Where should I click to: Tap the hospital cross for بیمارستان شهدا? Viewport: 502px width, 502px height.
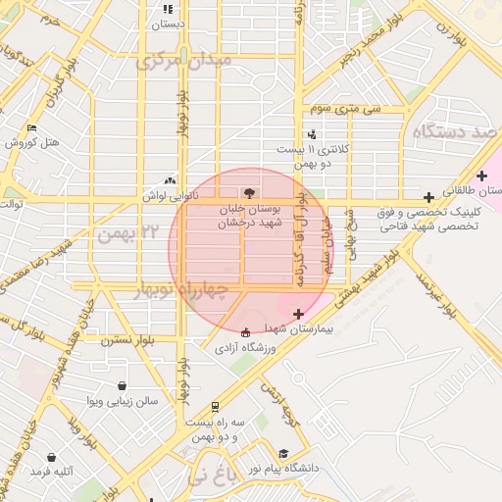pos(298,314)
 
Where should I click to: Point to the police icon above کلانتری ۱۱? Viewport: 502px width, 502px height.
pos(312,134)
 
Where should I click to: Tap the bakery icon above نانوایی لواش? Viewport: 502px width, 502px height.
pos(172,180)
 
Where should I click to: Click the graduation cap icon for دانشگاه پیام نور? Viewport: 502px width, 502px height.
pos(283,453)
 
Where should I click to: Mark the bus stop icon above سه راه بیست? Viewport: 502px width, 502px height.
pos(215,406)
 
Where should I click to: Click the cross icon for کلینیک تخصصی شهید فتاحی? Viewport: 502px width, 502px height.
pos(428,197)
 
